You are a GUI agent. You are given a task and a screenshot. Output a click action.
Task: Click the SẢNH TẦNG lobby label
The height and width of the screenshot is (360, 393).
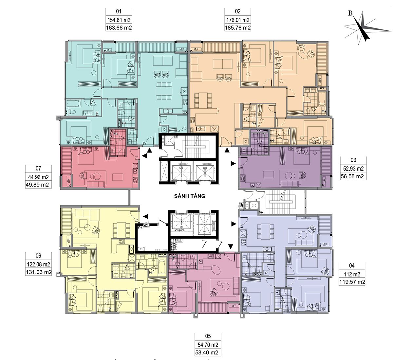[190, 196]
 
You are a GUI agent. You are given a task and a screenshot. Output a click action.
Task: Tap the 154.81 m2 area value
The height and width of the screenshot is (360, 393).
[119, 20]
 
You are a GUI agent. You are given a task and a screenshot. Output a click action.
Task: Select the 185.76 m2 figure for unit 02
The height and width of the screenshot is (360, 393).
[238, 27]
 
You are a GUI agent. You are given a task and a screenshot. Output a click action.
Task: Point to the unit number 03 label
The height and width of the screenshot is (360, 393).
[353, 160]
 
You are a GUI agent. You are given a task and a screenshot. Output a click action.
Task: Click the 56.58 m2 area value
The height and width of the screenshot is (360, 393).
[353, 176]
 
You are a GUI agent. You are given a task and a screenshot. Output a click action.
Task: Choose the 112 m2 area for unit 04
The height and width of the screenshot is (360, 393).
[352, 274]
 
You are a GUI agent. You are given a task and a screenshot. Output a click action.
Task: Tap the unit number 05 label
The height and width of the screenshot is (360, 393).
[208, 336]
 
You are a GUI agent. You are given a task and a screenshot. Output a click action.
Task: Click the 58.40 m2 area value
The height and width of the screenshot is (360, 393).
[207, 352]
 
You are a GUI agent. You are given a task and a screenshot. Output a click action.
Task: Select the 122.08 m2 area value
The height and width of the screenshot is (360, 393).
[38, 264]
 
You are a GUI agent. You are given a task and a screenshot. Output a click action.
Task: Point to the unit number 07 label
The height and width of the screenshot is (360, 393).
[38, 168]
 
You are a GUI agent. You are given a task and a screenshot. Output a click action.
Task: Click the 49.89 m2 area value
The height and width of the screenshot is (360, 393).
[37, 185]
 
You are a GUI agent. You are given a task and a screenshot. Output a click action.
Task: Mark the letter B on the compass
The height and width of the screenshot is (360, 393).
[350, 13]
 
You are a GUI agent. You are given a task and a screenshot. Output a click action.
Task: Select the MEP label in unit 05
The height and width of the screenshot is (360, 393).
[234, 306]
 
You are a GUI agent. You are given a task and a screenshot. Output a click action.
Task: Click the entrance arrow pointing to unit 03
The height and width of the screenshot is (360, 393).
[233, 164]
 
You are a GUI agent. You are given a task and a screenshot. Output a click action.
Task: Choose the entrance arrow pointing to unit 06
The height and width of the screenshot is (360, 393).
[145, 216]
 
